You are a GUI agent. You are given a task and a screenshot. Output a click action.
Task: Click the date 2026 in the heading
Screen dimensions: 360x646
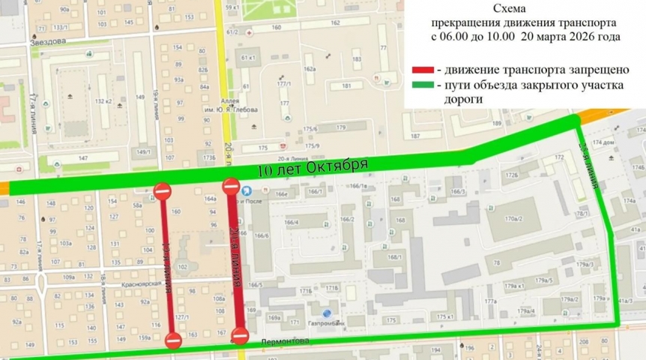pos(577,36)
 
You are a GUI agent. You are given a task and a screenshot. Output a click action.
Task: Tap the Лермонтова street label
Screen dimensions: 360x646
pos(285,341)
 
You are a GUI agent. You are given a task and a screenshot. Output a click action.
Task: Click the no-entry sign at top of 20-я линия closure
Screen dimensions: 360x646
pos(231,186)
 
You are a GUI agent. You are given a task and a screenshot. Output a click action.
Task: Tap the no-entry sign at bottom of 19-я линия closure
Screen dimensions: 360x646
pos(173,340)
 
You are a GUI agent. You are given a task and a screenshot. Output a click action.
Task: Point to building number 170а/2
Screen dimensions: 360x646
pos(513,218)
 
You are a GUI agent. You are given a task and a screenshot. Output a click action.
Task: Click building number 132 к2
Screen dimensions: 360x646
pos(103,100)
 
